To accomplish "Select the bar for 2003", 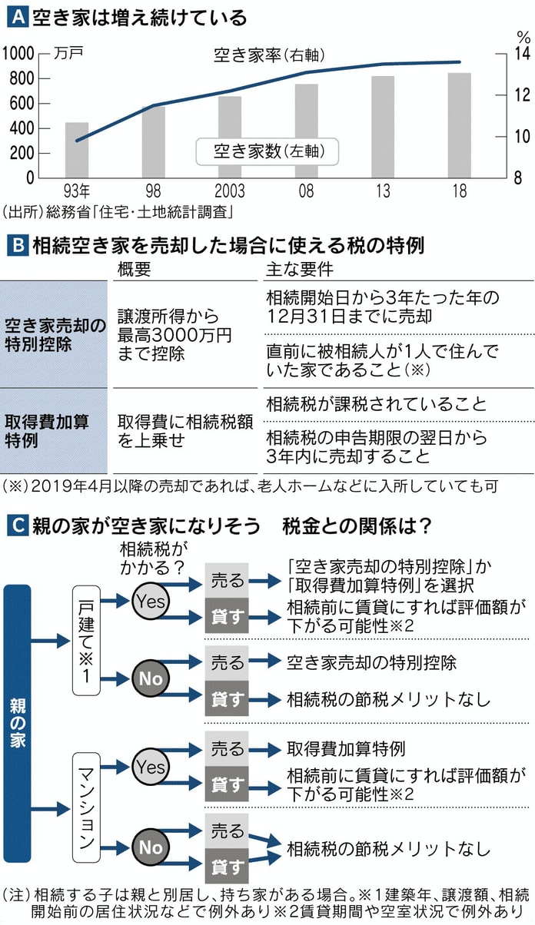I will (x=229, y=137).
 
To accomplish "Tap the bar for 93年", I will (x=77, y=150).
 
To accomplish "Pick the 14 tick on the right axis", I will (x=522, y=54).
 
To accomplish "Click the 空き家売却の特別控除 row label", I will (x=53, y=333).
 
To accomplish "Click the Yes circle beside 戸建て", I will (x=151, y=602).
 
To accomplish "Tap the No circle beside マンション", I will (x=151, y=847).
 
